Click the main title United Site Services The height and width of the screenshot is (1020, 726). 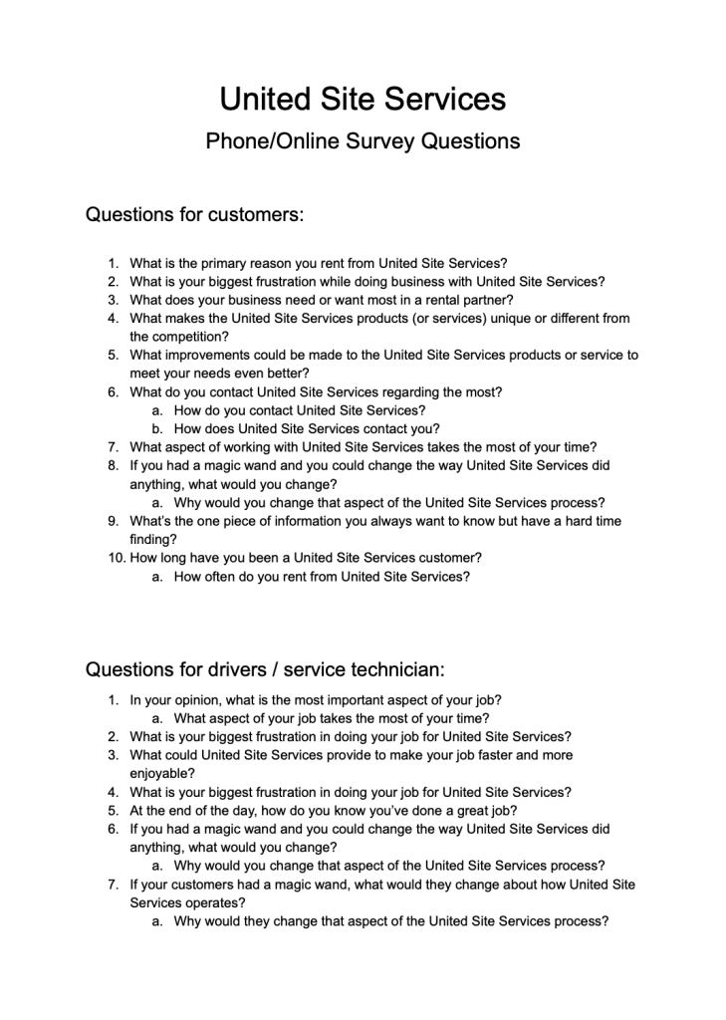tap(363, 99)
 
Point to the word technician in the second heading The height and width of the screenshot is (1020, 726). tap(382, 669)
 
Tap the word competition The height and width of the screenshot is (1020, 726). tap(189, 337)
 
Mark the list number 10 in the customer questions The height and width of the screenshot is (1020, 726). tap(117, 558)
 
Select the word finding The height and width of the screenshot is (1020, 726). tap(152, 539)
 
